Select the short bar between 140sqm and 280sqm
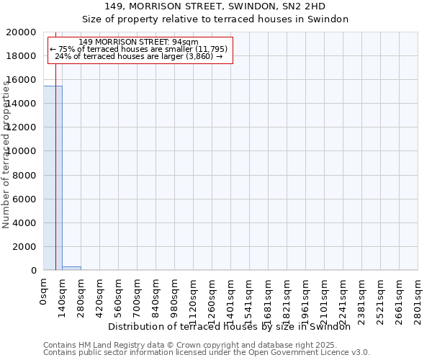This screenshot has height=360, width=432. point(71,268)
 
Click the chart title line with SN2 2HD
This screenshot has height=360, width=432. point(215,6)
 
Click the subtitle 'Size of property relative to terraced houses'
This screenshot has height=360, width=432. point(215,19)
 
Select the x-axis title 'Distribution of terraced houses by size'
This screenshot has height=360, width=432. point(234,326)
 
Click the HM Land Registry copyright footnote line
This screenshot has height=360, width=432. point(190,346)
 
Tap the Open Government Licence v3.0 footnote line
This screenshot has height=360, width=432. point(207,353)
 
